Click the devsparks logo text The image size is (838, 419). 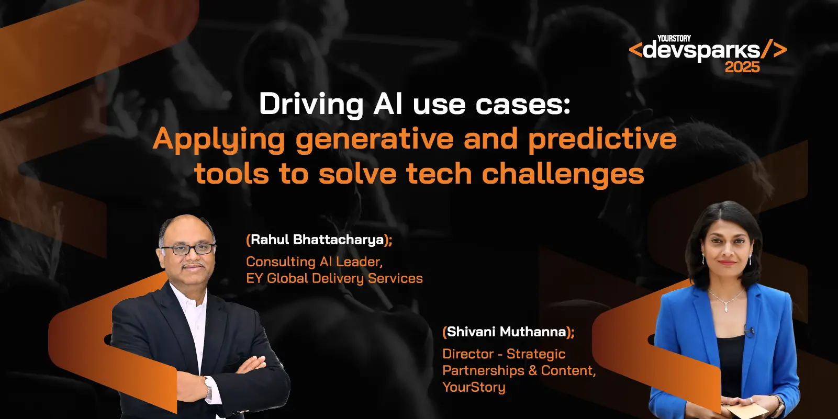[x=701, y=50]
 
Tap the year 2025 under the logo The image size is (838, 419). [x=742, y=67]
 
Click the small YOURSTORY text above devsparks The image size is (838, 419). [x=674, y=38]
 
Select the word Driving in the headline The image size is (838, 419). [x=311, y=104]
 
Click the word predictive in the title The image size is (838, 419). [x=602, y=139]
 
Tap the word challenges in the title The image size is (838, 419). [x=563, y=174]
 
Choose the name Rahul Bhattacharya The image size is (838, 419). [x=317, y=240]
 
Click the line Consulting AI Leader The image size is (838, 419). [x=314, y=262]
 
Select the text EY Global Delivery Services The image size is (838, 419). [x=334, y=278]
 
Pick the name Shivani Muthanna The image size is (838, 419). [x=507, y=332]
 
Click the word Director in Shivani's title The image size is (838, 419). [x=468, y=354]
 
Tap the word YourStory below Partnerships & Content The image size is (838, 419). [x=474, y=387]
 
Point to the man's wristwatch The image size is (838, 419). [x=208, y=388]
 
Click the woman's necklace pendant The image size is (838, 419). [x=726, y=308]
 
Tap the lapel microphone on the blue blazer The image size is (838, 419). [x=748, y=331]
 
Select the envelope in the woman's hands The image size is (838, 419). [x=747, y=411]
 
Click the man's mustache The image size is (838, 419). [x=193, y=265]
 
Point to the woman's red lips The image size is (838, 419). [x=727, y=263]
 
